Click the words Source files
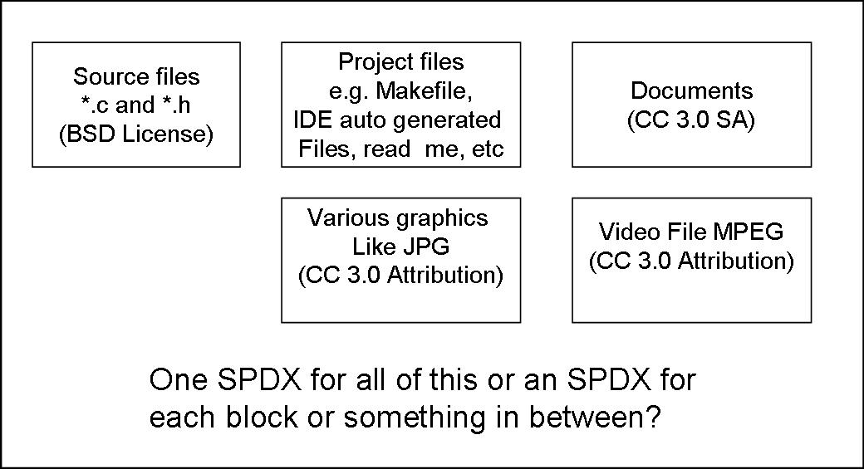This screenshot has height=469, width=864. [136, 76]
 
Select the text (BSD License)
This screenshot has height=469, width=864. [136, 134]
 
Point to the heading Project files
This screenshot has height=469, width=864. [400, 61]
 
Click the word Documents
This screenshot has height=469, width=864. [691, 90]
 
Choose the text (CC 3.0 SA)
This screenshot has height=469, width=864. [691, 120]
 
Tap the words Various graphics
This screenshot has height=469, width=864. [397, 218]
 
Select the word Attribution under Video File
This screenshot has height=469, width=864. [735, 261]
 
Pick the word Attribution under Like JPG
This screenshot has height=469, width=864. [444, 276]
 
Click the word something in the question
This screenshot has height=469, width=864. [415, 418]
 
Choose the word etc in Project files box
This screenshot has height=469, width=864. [488, 149]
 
